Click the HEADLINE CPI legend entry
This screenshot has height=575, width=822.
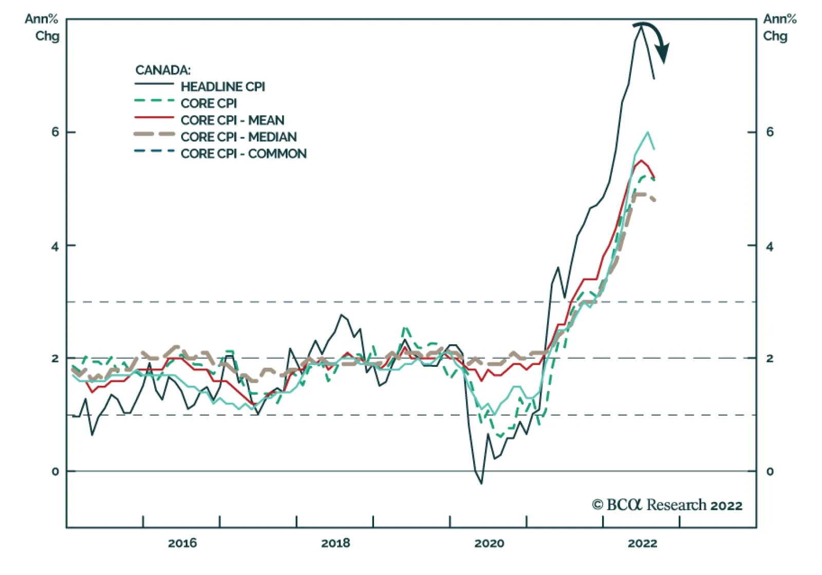[x=222, y=86]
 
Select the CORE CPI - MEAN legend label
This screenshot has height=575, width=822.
[x=232, y=120]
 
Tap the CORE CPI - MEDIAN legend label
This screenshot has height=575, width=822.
[x=238, y=137]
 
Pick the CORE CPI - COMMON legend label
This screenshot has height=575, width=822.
[x=244, y=154]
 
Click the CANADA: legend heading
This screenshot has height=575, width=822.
[x=163, y=70]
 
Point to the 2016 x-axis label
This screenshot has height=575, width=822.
[x=182, y=543]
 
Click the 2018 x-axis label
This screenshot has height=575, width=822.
[x=335, y=543]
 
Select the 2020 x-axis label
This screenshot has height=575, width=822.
[x=489, y=543]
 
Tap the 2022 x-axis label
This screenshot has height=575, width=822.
[x=642, y=543]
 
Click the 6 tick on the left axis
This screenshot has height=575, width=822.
[x=55, y=132]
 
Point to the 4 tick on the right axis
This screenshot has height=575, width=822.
[x=770, y=246]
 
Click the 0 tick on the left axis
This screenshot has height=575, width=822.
[x=55, y=471]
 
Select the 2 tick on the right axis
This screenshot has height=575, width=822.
[x=770, y=358]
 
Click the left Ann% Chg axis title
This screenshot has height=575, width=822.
[x=42, y=27]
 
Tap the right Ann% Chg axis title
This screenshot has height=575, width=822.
[x=779, y=27]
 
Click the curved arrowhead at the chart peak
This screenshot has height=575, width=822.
[x=664, y=53]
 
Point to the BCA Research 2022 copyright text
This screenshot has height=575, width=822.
[x=667, y=505]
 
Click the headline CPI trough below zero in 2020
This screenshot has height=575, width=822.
[x=481, y=483]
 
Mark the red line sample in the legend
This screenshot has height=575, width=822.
[x=154, y=118]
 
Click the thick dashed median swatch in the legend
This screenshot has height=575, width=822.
[x=154, y=135]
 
